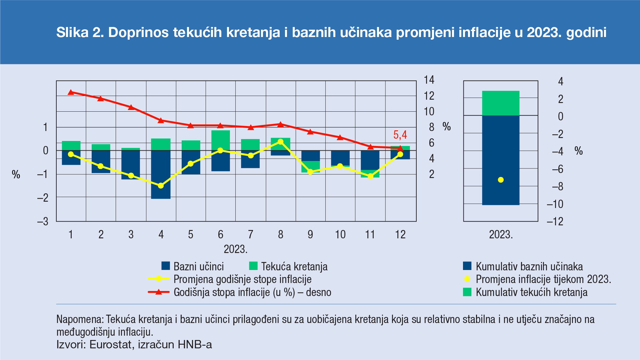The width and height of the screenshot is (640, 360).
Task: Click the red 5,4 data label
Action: (x=400, y=135)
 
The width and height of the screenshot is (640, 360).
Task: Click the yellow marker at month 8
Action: (x=280, y=142)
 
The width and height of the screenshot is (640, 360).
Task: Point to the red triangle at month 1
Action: (x=71, y=92)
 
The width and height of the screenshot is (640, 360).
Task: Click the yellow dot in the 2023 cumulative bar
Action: (x=501, y=180)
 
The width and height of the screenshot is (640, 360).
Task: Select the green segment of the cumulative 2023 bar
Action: (x=501, y=103)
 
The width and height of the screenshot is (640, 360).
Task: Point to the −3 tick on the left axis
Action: (x=43, y=221)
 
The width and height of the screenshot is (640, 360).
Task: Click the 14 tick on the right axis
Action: (x=429, y=80)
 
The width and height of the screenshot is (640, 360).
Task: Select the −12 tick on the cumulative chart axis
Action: (x=555, y=221)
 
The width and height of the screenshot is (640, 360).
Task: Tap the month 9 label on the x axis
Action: (x=310, y=235)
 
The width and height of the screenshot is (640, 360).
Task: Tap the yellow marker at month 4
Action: (x=161, y=186)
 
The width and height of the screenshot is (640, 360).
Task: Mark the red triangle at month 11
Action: (x=370, y=147)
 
